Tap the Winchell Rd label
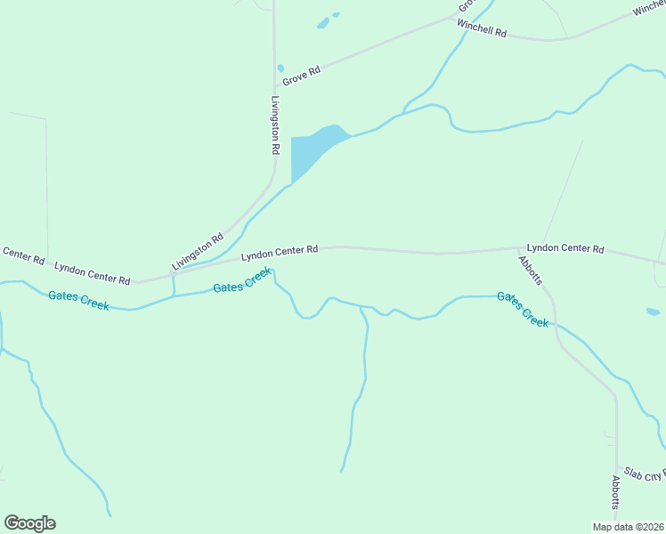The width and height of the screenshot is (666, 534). (x=482, y=28)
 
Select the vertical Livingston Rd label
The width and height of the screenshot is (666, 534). (x=275, y=125)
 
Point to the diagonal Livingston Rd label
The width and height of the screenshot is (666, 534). (x=198, y=253)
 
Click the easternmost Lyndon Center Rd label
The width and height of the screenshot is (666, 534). (x=565, y=248)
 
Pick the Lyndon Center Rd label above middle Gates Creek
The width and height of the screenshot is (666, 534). (x=280, y=254)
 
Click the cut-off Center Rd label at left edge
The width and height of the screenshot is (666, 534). (x=22, y=255)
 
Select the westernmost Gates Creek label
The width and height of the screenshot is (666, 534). (x=78, y=300)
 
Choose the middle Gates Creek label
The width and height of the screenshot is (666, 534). (x=241, y=280)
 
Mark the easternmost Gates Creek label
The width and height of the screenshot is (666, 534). (x=523, y=309)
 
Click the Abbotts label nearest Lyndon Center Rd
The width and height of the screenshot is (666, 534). (x=530, y=270)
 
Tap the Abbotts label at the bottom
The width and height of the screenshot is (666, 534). (x=615, y=491)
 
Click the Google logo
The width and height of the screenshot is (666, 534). (x=29, y=523)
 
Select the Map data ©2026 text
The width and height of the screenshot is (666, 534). (x=628, y=526)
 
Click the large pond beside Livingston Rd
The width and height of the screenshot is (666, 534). (x=308, y=153)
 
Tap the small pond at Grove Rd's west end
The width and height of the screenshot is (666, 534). (x=280, y=68)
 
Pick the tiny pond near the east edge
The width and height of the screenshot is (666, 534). (x=653, y=311)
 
